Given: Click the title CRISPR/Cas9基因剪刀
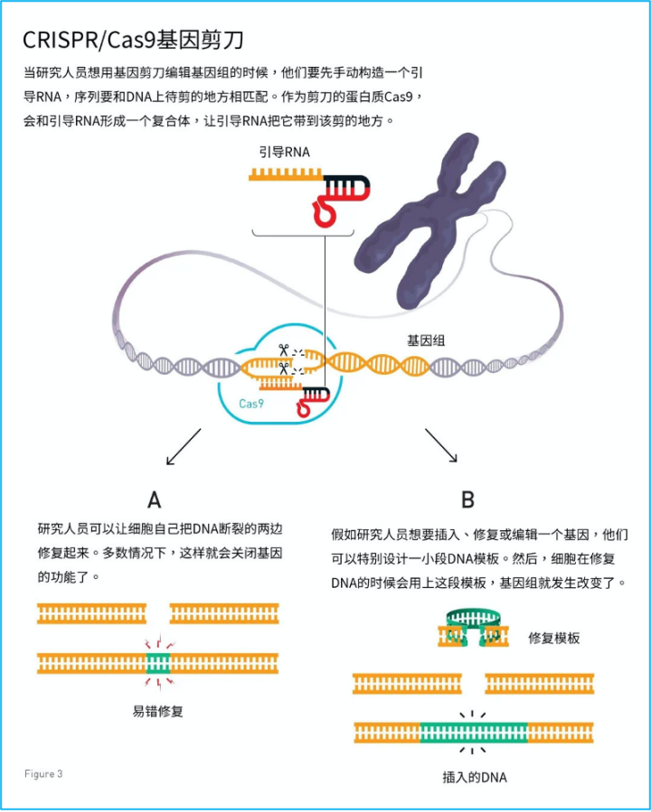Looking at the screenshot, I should click(133, 41).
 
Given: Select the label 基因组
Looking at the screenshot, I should click(425, 341).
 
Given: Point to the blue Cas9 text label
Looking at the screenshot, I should click(251, 405).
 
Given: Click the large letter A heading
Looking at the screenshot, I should click(155, 499).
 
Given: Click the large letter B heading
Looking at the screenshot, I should click(467, 499).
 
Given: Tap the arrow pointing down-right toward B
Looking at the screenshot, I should click(441, 445).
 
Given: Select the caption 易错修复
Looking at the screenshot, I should click(158, 712).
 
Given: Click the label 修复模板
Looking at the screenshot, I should click(553, 638).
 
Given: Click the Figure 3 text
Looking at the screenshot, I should click(43, 774).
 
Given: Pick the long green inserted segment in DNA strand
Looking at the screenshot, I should click(475, 733).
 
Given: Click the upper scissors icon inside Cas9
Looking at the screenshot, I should click(284, 350).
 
